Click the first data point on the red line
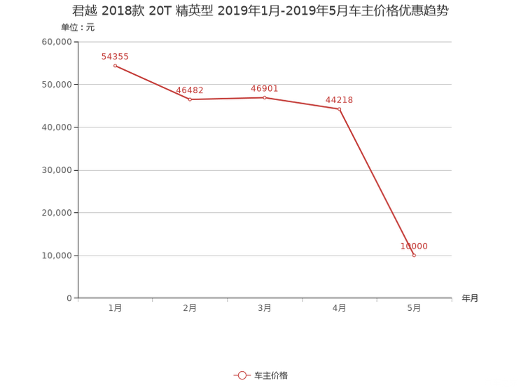click(114, 66)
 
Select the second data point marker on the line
click(189, 99)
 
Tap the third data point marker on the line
click(265, 97)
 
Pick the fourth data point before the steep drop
click(339, 109)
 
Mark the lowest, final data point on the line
click(414, 256)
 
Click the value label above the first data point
click(116, 57)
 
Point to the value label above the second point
click(190, 90)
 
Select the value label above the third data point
click(265, 89)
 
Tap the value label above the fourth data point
click(340, 99)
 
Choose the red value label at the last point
click(414, 246)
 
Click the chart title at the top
click(260, 11)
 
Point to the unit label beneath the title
click(77, 28)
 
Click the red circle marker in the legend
click(242, 376)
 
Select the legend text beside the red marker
click(271, 376)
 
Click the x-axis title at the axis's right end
click(470, 299)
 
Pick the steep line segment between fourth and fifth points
click(376, 182)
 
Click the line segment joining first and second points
click(151, 83)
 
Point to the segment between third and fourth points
click(302, 103)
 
